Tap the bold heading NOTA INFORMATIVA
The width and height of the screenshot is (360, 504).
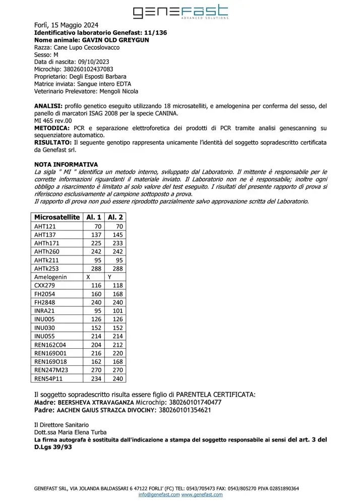66,165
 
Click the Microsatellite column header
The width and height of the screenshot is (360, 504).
56,217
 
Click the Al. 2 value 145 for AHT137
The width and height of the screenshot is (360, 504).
117,235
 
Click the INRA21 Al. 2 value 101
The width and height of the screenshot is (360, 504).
117,310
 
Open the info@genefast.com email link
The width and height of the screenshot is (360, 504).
159,495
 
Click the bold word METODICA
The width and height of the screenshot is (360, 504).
52,128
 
